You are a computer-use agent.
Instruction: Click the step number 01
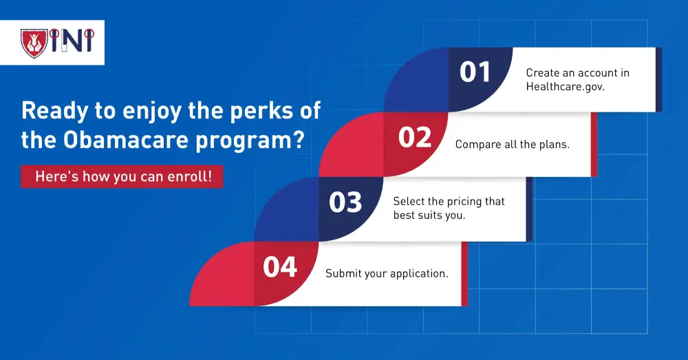click(475, 72)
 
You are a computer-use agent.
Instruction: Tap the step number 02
click(415, 137)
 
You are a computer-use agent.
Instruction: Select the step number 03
click(346, 202)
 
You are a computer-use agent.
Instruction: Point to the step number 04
click(280, 267)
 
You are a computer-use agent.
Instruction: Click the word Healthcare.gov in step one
click(565, 87)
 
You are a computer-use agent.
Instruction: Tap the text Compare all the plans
click(513, 145)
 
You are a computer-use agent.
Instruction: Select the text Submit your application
click(387, 273)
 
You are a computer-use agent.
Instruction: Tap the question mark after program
click(299, 140)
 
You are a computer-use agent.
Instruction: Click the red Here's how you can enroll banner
click(122, 176)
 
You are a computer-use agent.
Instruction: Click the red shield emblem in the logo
click(34, 43)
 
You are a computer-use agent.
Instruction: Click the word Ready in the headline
click(55, 111)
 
